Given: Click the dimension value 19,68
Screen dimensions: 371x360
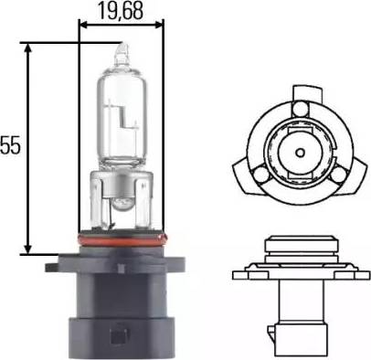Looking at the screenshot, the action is tap(121, 12).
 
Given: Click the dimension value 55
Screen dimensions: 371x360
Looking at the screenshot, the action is tap(10, 145).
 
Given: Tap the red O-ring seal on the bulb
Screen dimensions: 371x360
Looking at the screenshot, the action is tap(122, 239).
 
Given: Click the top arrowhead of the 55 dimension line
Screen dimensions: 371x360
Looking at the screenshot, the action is tap(28, 48).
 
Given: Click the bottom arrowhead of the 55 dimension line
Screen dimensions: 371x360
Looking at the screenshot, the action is tap(28, 249).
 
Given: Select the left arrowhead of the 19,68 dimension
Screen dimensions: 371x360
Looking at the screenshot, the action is tap(84, 25).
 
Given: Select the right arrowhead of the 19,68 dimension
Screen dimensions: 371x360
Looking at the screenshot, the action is tap(159, 25).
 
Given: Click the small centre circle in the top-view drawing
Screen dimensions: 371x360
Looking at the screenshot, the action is tap(301, 152).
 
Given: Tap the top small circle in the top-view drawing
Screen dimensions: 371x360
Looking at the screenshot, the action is tap(301, 107).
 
